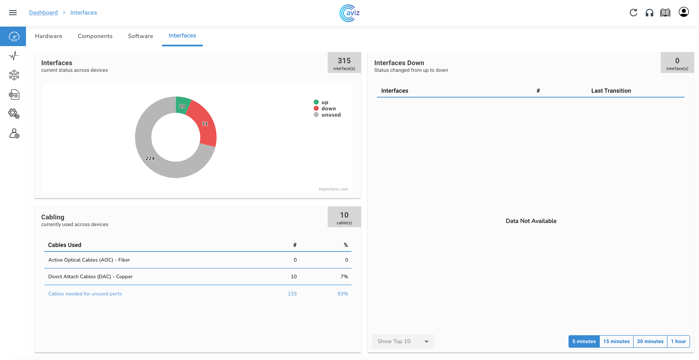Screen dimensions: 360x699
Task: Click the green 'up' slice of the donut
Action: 183,105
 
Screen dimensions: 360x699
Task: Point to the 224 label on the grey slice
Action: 150,158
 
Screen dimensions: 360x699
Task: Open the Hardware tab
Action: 49,36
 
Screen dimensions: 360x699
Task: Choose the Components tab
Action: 95,36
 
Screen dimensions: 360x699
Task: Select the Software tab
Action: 140,36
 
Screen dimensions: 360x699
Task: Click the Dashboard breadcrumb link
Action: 43,13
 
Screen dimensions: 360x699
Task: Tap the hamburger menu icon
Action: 13,13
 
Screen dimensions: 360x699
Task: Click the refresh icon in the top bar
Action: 633,13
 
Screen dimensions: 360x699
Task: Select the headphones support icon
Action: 649,13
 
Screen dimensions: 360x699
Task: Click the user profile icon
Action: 684,12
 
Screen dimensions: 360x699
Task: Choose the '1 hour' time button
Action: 678,341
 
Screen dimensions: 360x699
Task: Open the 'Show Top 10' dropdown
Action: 403,341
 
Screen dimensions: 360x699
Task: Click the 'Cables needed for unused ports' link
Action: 85,294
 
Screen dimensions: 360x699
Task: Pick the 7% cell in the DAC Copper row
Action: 344,277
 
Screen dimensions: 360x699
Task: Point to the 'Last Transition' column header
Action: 611,91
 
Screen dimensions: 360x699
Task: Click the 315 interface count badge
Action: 344,63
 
